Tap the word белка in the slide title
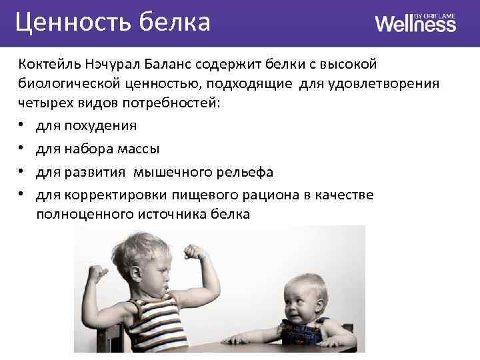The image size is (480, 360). [x=175, y=22]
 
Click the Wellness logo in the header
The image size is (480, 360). [x=415, y=23]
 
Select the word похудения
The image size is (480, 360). [x=99, y=126]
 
